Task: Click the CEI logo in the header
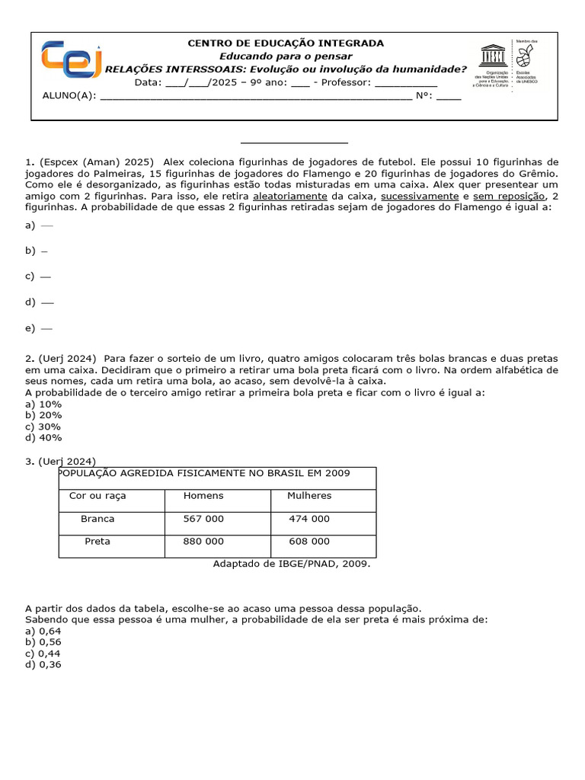pyautogui.click(x=72, y=59)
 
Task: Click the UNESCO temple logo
pyautogui.click(x=492, y=58)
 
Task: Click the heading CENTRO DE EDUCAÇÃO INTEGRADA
pyautogui.click(x=286, y=43)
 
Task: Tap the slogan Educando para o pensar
pyautogui.click(x=286, y=56)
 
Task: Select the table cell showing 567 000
pyautogui.click(x=203, y=519)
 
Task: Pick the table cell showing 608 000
pyautogui.click(x=309, y=542)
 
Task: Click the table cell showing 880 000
pyautogui.click(x=203, y=542)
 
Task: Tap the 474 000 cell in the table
pyautogui.click(x=309, y=519)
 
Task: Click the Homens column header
pyautogui.click(x=203, y=496)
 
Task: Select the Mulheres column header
pyautogui.click(x=309, y=496)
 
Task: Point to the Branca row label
pyautogui.click(x=97, y=519)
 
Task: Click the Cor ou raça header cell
pyautogui.click(x=97, y=496)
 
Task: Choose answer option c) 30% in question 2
pyautogui.click(x=43, y=427)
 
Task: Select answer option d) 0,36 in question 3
pyautogui.click(x=43, y=664)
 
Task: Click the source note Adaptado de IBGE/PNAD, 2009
pyautogui.click(x=292, y=564)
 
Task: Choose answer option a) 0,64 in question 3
pyautogui.click(x=43, y=631)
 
